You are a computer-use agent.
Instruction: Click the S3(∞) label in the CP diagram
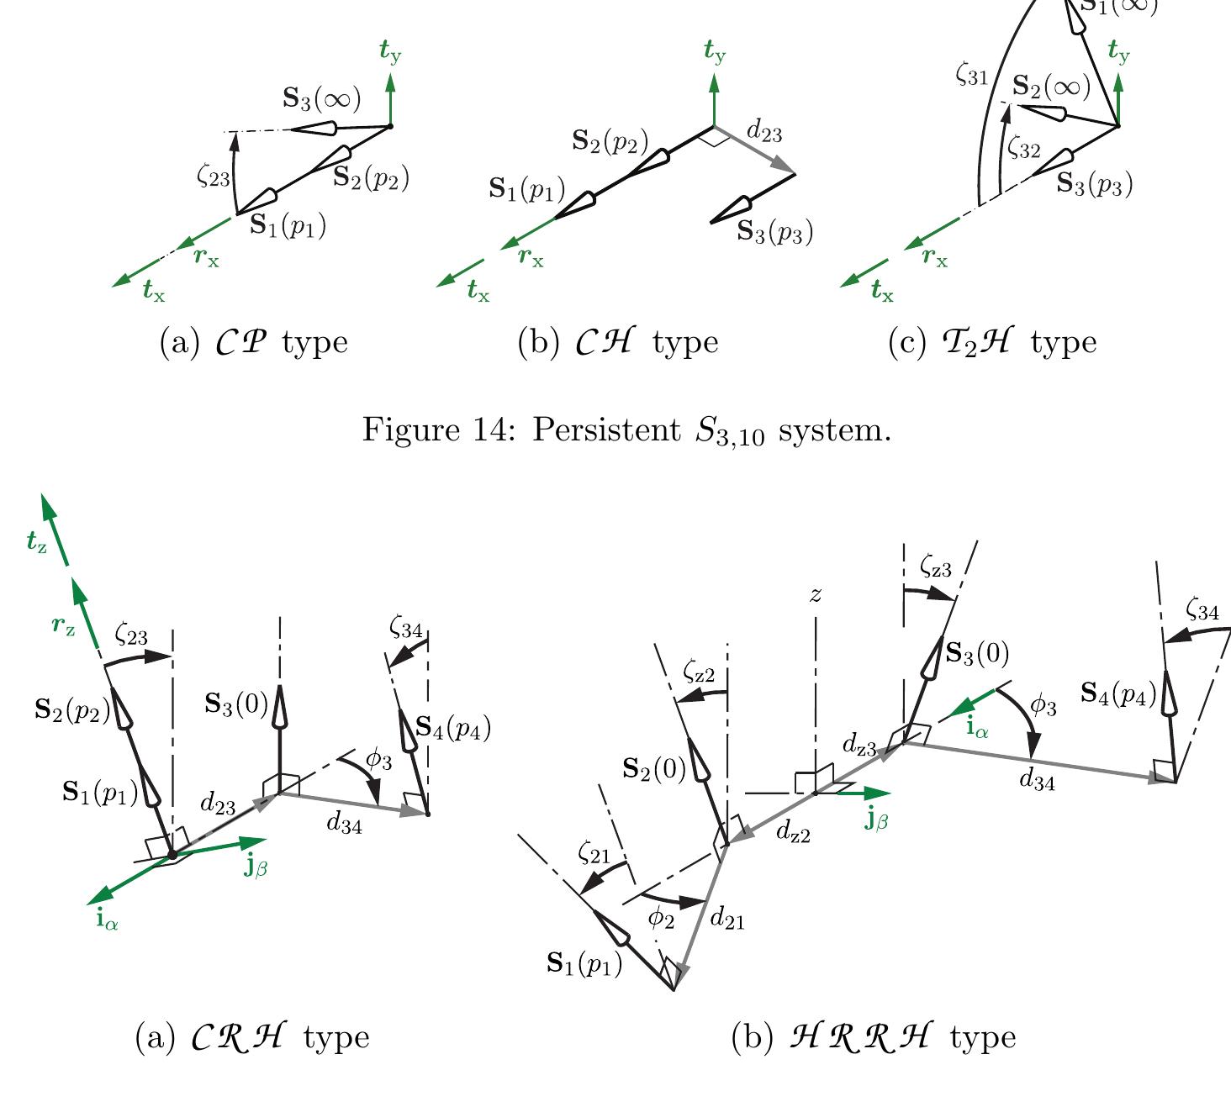point(322,99)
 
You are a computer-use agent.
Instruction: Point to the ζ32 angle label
point(1024,150)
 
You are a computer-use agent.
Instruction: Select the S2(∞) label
point(1050,87)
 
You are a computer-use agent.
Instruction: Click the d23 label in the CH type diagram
point(765,132)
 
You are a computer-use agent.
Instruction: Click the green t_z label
point(35,542)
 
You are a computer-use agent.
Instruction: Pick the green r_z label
point(63,625)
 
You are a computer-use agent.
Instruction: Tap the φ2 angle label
point(661,919)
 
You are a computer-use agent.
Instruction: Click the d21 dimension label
point(727,919)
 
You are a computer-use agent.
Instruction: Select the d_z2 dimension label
point(793,834)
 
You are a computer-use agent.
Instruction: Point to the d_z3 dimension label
point(859,745)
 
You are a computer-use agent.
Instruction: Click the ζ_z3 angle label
point(935,568)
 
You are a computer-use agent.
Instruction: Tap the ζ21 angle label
point(594,853)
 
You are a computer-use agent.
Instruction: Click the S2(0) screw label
point(654,768)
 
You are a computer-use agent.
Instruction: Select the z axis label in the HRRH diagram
point(815,595)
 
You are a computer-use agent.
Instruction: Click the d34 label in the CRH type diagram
point(344,825)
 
